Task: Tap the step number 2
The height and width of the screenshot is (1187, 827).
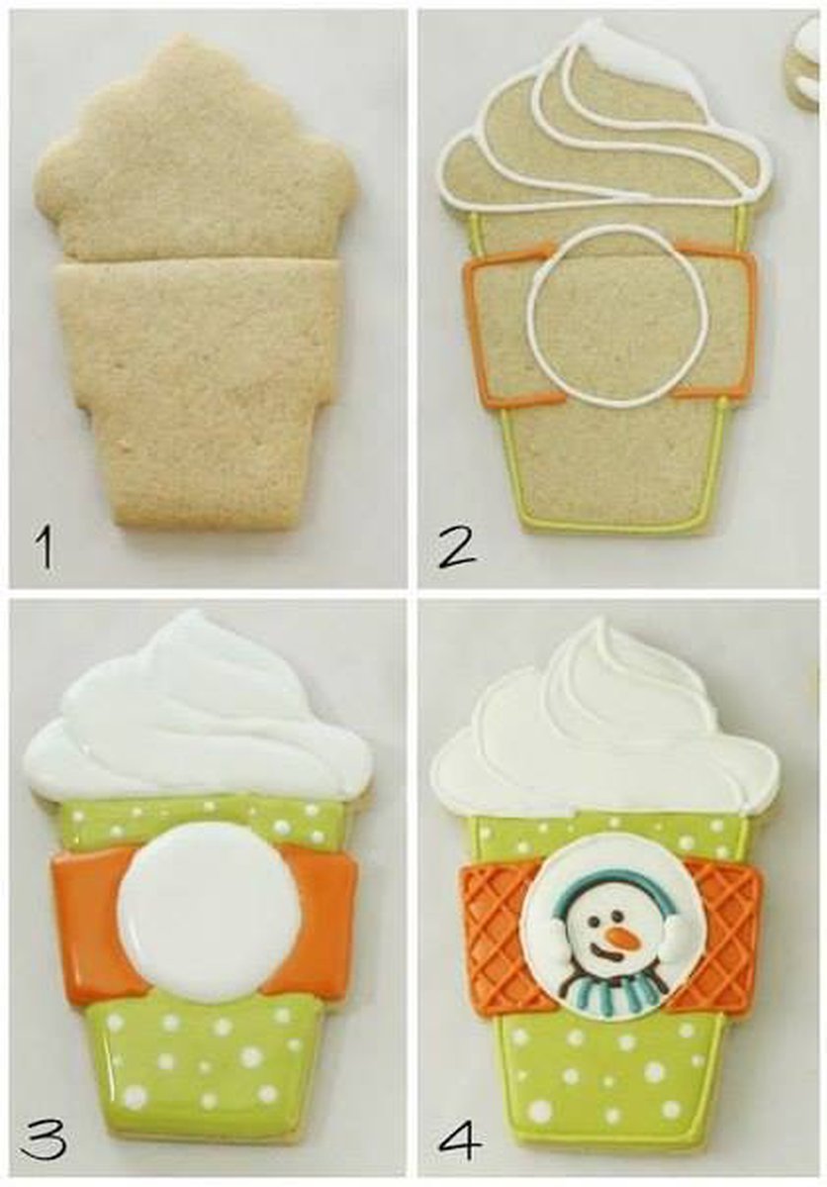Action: tap(456, 546)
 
